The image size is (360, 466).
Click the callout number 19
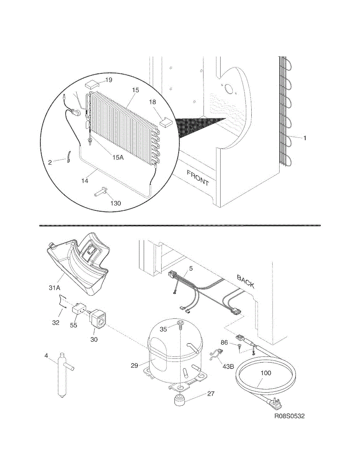[x=108, y=80]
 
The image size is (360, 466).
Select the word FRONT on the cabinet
[x=198, y=177]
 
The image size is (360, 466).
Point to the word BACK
[x=245, y=282]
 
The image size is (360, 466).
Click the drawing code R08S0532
[x=289, y=416]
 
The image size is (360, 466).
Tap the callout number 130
[x=116, y=203]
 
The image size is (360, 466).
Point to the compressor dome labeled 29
[x=171, y=349]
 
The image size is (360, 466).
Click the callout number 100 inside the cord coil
[x=266, y=373]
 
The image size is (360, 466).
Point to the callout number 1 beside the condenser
[x=305, y=138]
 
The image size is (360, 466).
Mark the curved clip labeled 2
[x=68, y=158]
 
